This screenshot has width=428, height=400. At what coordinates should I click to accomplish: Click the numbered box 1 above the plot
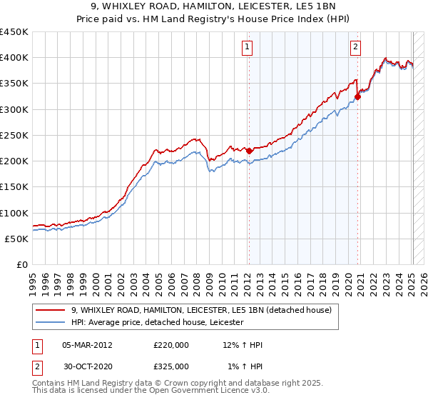pos(247,48)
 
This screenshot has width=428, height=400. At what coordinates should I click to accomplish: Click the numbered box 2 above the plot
pos(355,48)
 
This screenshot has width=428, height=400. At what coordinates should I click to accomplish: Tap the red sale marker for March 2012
pos(249,151)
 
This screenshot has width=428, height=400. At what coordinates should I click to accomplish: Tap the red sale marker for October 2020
pos(358,97)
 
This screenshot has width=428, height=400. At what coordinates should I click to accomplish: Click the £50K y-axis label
pos(17,239)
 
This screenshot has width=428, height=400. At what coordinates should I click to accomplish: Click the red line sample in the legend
pos(51,311)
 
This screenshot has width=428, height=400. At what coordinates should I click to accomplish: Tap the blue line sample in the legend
pos(51,323)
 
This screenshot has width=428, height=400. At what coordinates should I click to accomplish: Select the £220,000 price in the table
pos(171,345)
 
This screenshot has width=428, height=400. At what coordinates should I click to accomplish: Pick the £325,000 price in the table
pos(171,366)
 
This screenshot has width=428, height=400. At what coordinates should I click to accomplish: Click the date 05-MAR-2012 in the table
pos(87,345)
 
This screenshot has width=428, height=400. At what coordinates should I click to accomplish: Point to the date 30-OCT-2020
pos(87,366)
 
